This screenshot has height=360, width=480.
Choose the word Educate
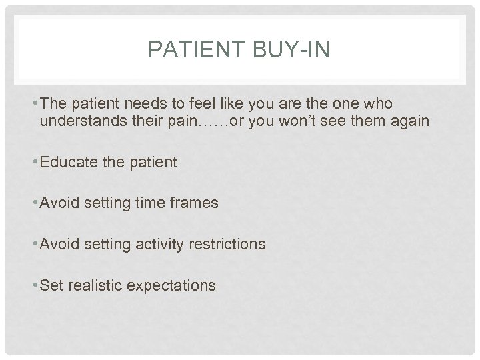click(x=68, y=162)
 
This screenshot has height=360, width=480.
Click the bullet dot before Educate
click(x=36, y=162)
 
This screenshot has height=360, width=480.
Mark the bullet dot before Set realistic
click(x=36, y=285)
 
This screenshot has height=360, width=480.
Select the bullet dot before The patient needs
click(x=36, y=104)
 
